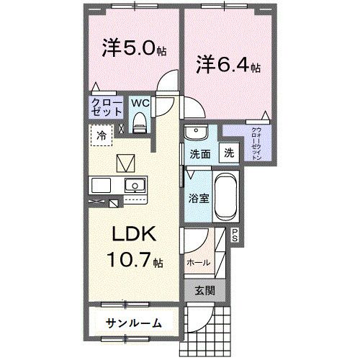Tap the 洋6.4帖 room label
[228, 66]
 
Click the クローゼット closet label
[106, 109]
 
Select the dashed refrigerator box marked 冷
[103, 135]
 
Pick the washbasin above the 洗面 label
[194, 134]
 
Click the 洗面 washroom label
[199, 154]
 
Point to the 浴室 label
[199, 198]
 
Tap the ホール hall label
[199, 263]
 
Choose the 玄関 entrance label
[205, 291]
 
